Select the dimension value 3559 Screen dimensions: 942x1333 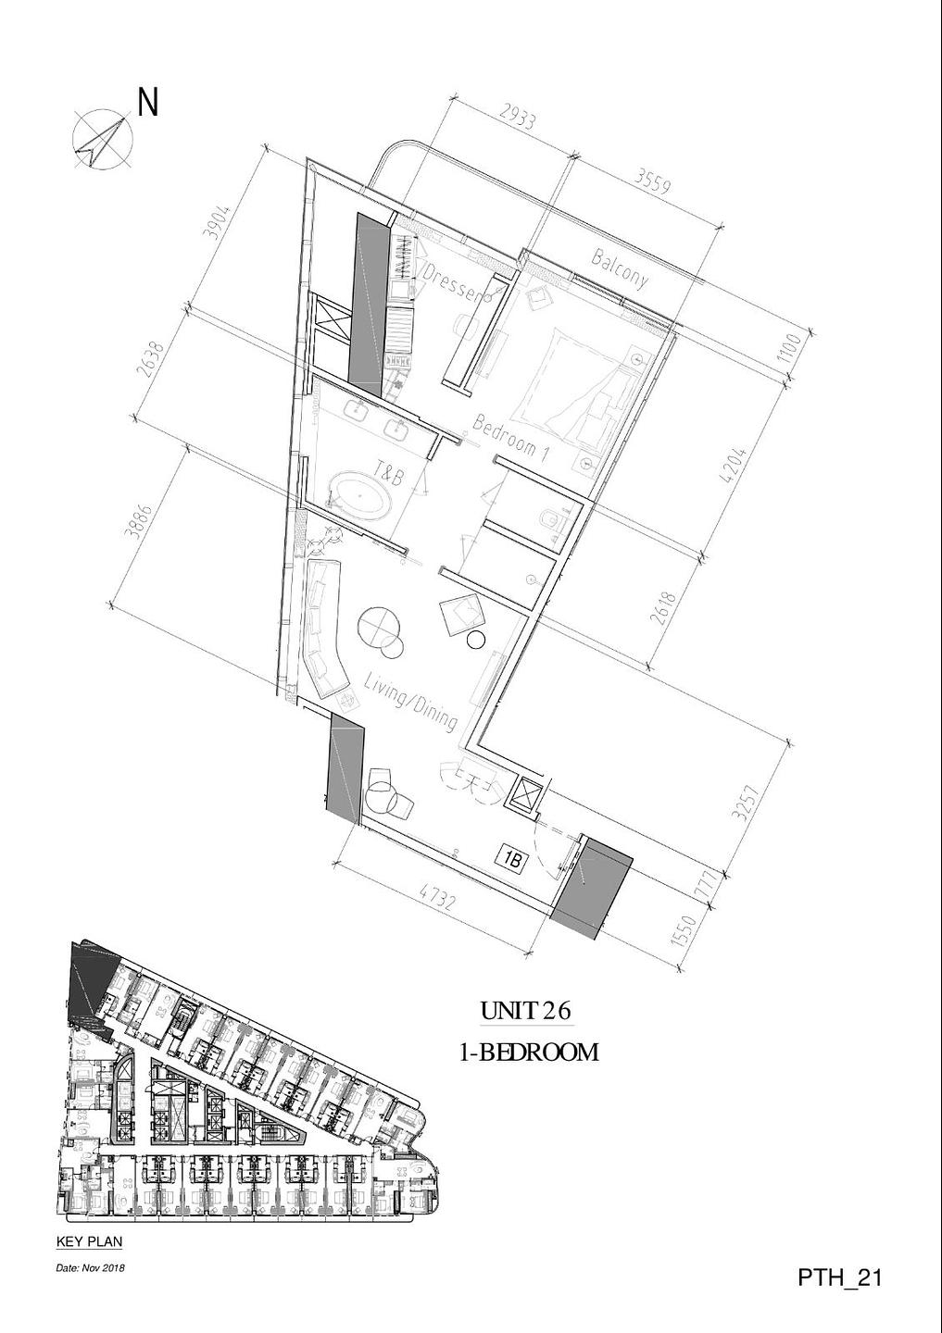pos(653,180)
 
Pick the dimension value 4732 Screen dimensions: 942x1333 pos(439,899)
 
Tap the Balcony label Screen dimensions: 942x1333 pos(620,268)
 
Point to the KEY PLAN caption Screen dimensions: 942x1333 pos(89,1237)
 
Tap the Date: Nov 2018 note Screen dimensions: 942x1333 pos(91,1264)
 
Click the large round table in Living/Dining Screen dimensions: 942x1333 pos(378,626)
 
